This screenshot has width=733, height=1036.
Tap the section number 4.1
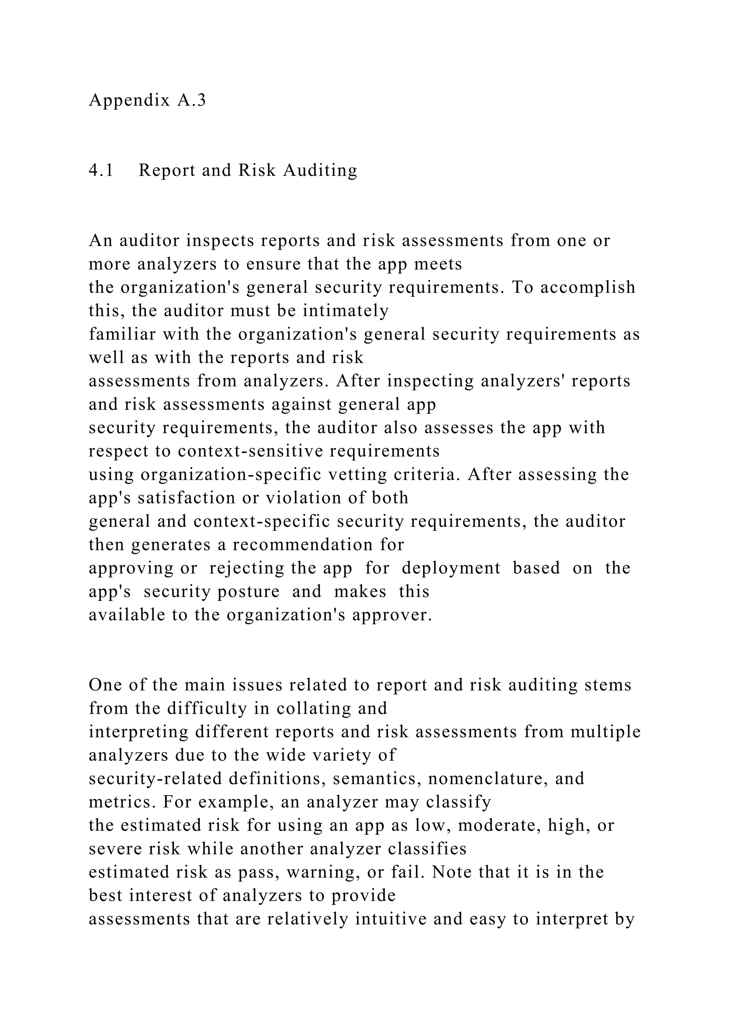pos(101,170)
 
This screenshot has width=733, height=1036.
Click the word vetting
pos(358,475)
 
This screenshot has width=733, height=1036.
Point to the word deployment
pos(451,568)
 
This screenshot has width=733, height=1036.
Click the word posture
pos(248,592)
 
